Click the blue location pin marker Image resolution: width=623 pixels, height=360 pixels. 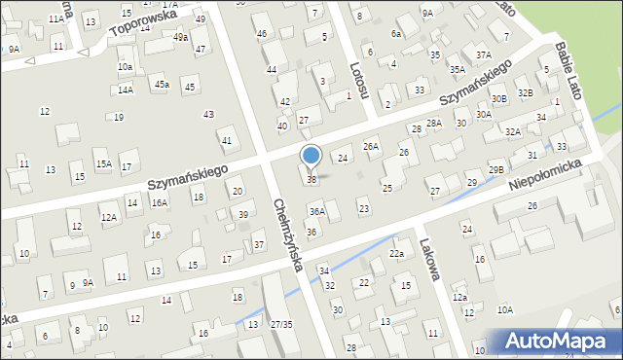point(311,157)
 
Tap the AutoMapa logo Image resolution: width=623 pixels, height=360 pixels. point(560,342)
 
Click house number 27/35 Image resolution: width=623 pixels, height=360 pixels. point(281,323)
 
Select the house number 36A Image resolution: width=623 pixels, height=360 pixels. point(316,211)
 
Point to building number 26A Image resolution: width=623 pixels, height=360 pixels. point(371,146)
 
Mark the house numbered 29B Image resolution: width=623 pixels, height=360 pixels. point(496,169)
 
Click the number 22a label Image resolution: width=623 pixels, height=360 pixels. point(396,253)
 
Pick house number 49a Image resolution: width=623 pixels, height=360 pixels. point(181,37)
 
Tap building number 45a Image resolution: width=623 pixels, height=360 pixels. point(162,85)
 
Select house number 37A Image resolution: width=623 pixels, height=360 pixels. point(483,54)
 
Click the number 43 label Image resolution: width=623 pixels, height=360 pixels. point(208,115)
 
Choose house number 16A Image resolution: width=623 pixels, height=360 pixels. point(160,202)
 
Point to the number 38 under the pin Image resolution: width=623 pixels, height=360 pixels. point(311,180)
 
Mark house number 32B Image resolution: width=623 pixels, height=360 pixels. point(526,92)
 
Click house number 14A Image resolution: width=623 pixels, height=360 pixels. point(126,90)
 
